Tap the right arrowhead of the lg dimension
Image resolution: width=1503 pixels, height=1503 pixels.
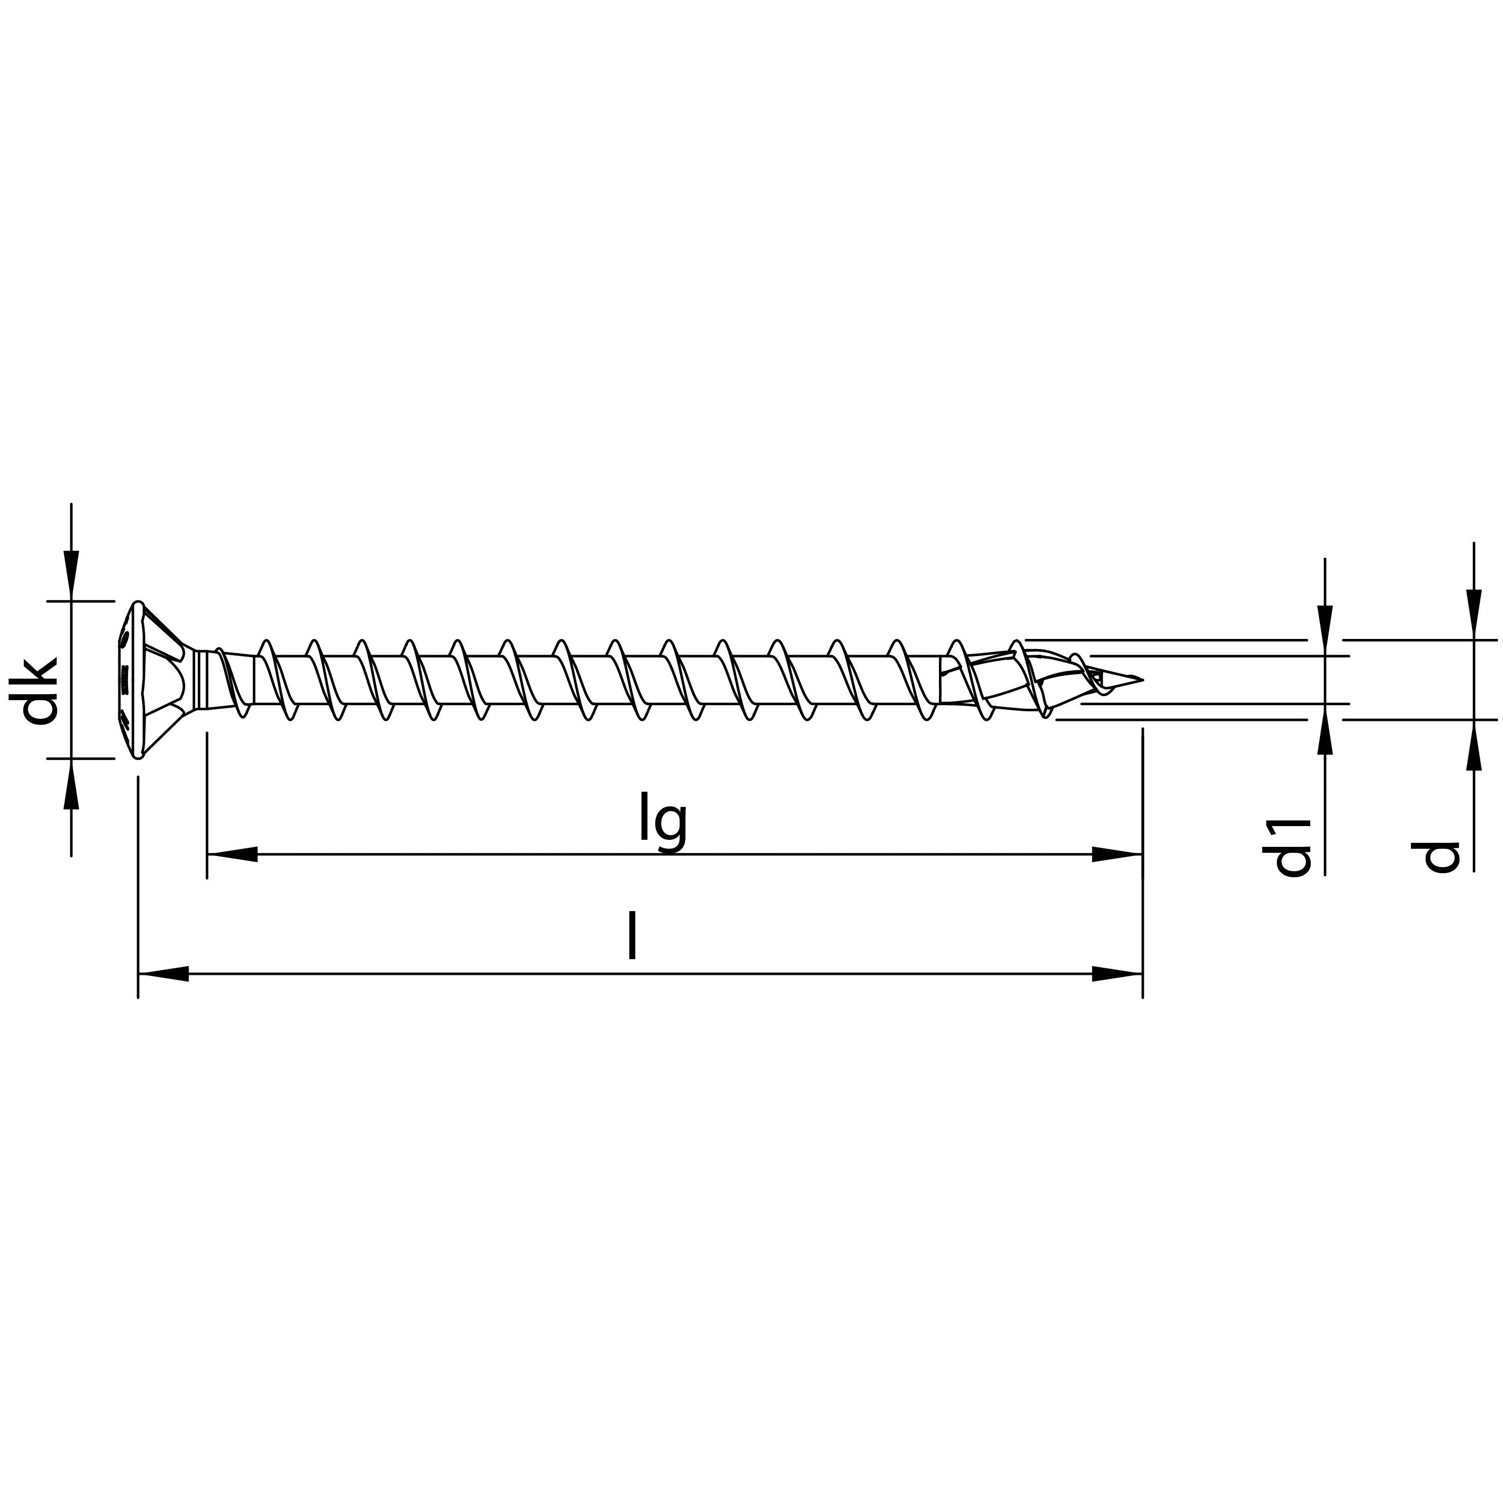point(1117,854)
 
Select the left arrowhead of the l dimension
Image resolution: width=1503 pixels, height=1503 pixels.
point(163,973)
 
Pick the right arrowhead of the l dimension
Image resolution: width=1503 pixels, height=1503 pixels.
point(1117,973)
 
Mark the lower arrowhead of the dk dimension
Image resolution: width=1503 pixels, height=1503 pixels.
point(71,782)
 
